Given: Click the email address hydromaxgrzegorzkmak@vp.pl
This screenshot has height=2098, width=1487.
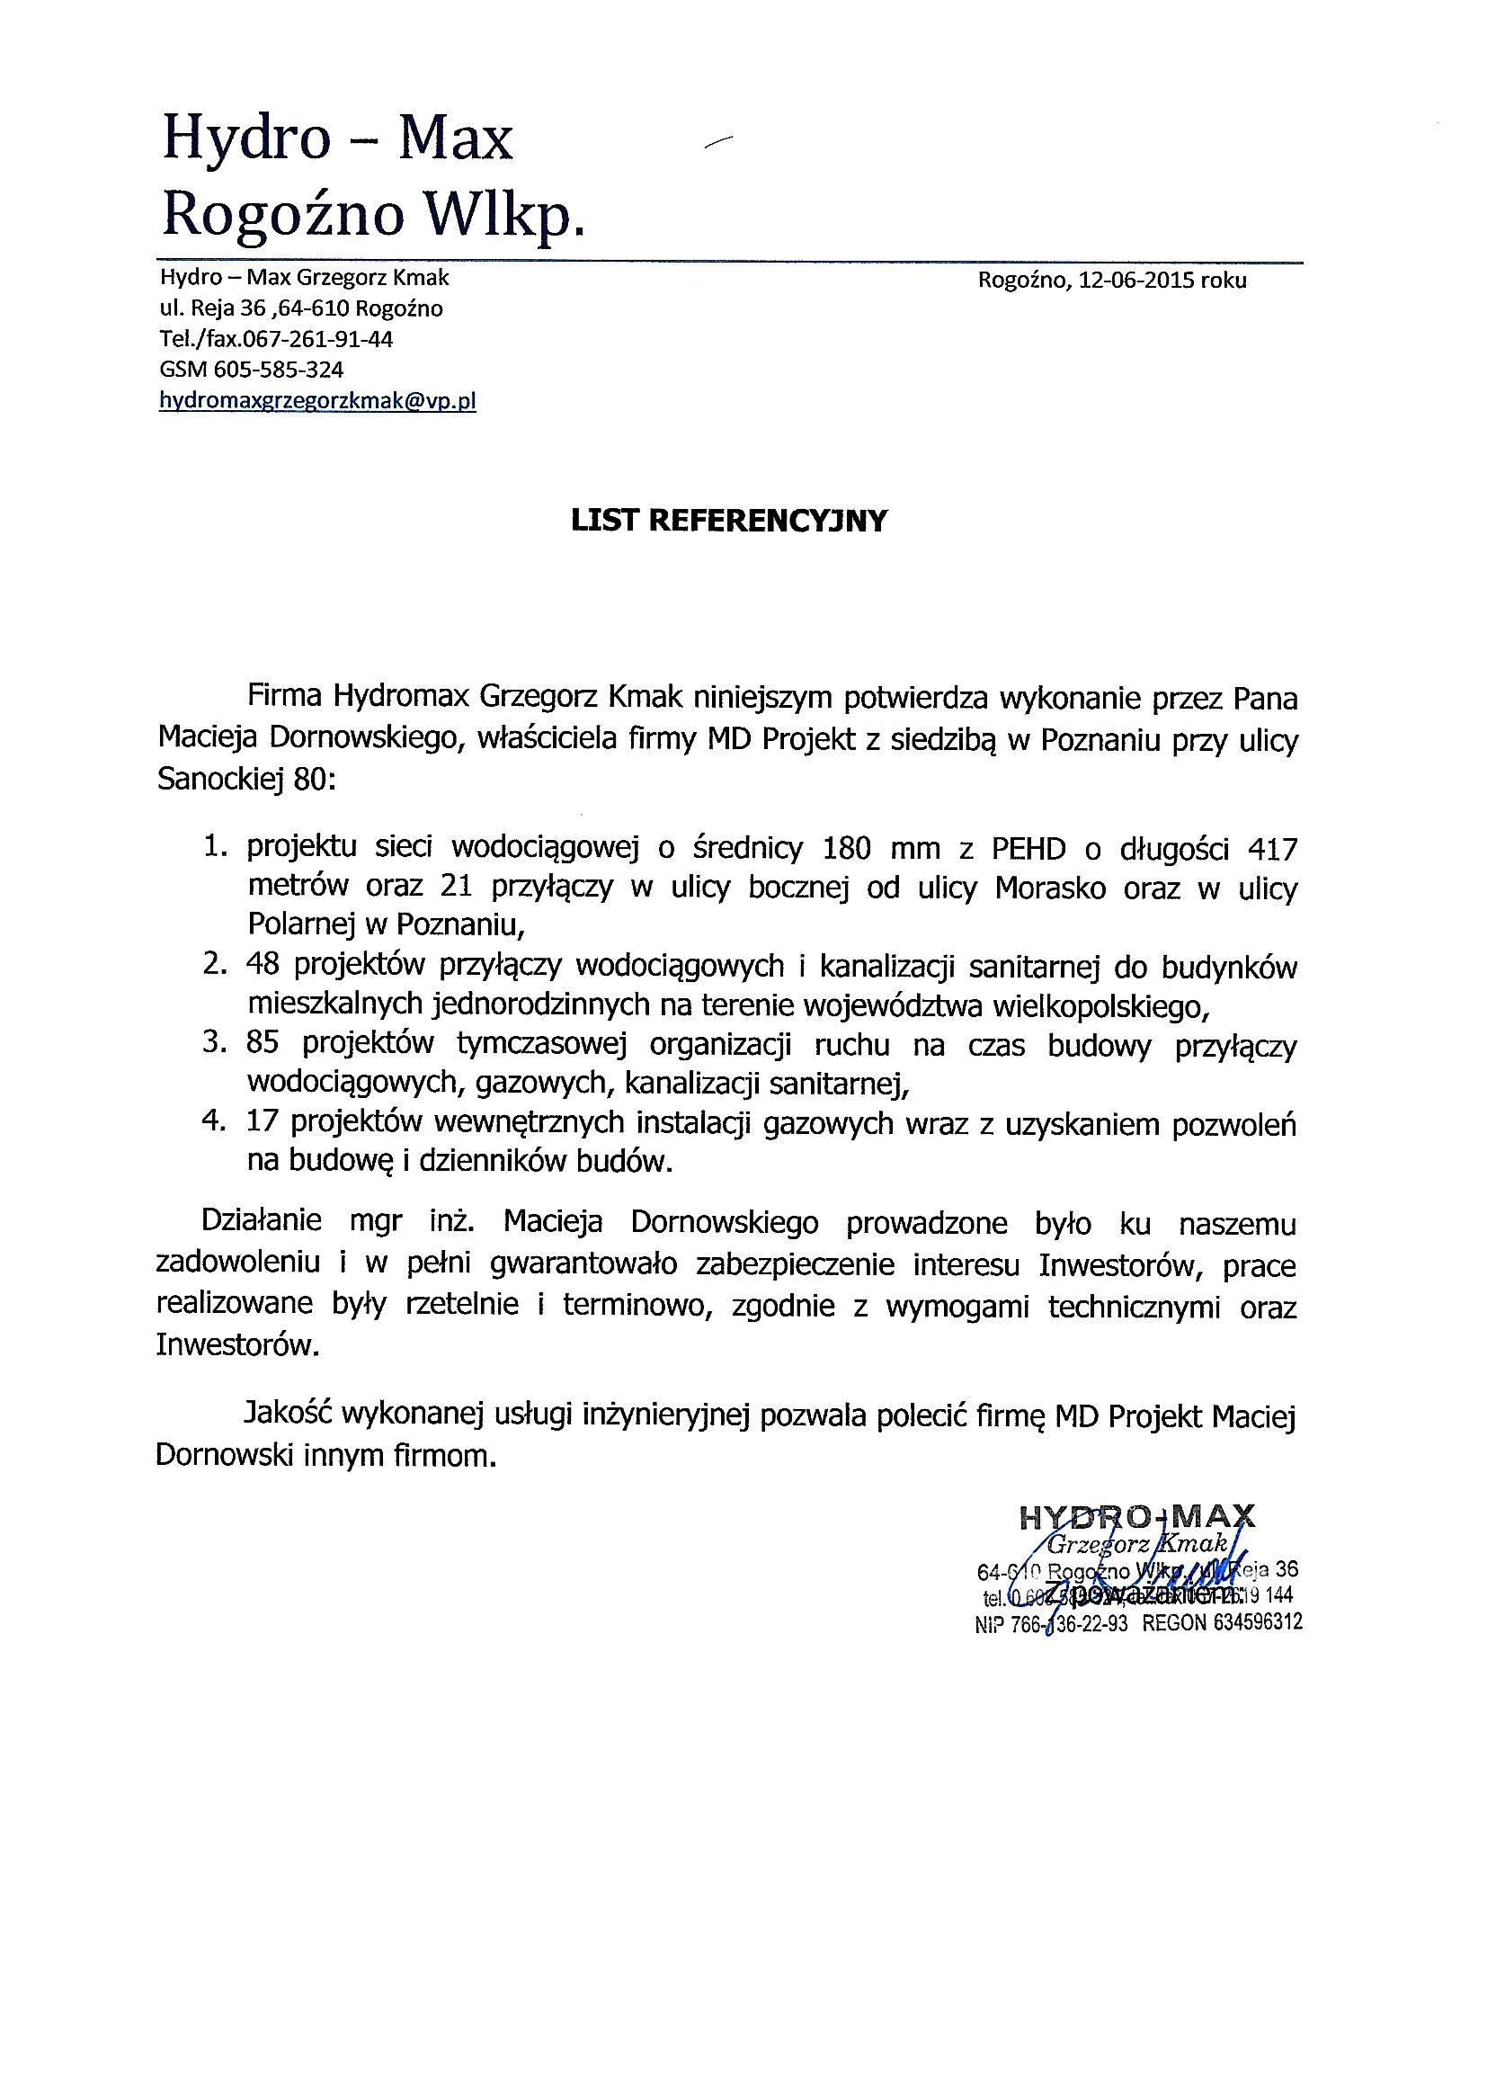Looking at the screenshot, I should pos(316,400).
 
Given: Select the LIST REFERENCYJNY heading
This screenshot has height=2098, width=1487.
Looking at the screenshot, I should pos(729,520).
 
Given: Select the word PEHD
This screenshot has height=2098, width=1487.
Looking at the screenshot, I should pos(1028,850).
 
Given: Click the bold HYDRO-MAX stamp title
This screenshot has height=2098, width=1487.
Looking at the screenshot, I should pos(1136,1517).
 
